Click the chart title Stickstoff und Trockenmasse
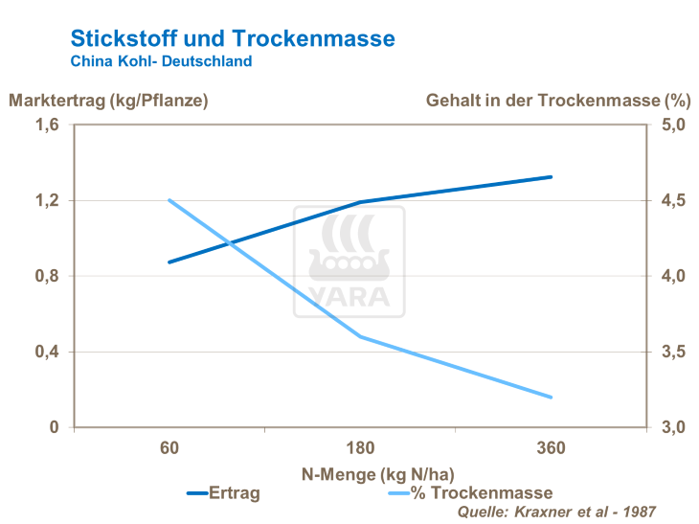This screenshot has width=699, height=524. [233, 38]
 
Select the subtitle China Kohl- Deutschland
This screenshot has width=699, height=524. [161, 61]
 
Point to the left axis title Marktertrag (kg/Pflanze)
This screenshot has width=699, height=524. [108, 100]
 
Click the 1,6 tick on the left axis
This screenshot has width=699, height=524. [47, 125]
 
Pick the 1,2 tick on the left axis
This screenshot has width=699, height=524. [47, 201]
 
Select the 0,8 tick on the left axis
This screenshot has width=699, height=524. [47, 276]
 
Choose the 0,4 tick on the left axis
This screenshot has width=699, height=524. [47, 352]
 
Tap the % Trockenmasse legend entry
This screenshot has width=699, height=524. [481, 493]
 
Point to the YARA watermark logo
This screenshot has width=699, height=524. [349, 262]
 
